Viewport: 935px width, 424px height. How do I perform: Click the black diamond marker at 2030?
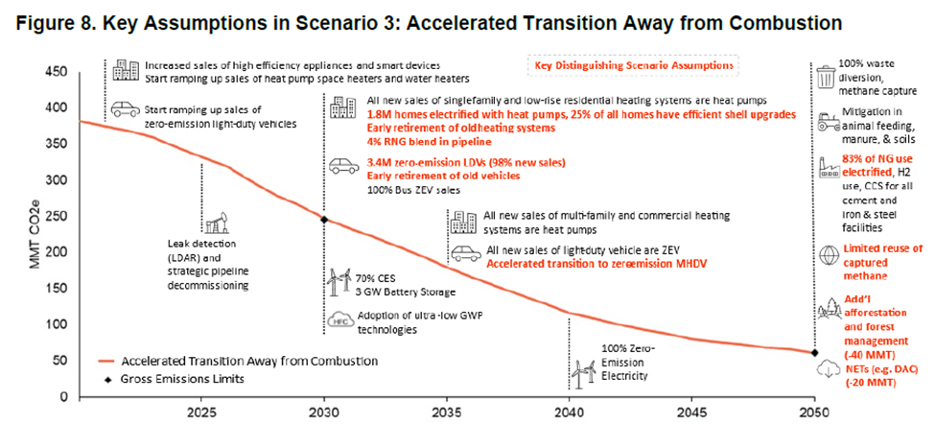(x=324, y=220)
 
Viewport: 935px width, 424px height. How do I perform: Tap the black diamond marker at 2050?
(x=815, y=353)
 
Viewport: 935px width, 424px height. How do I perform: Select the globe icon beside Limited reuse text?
(x=826, y=254)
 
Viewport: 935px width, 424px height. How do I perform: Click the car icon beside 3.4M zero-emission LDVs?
(x=341, y=166)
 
